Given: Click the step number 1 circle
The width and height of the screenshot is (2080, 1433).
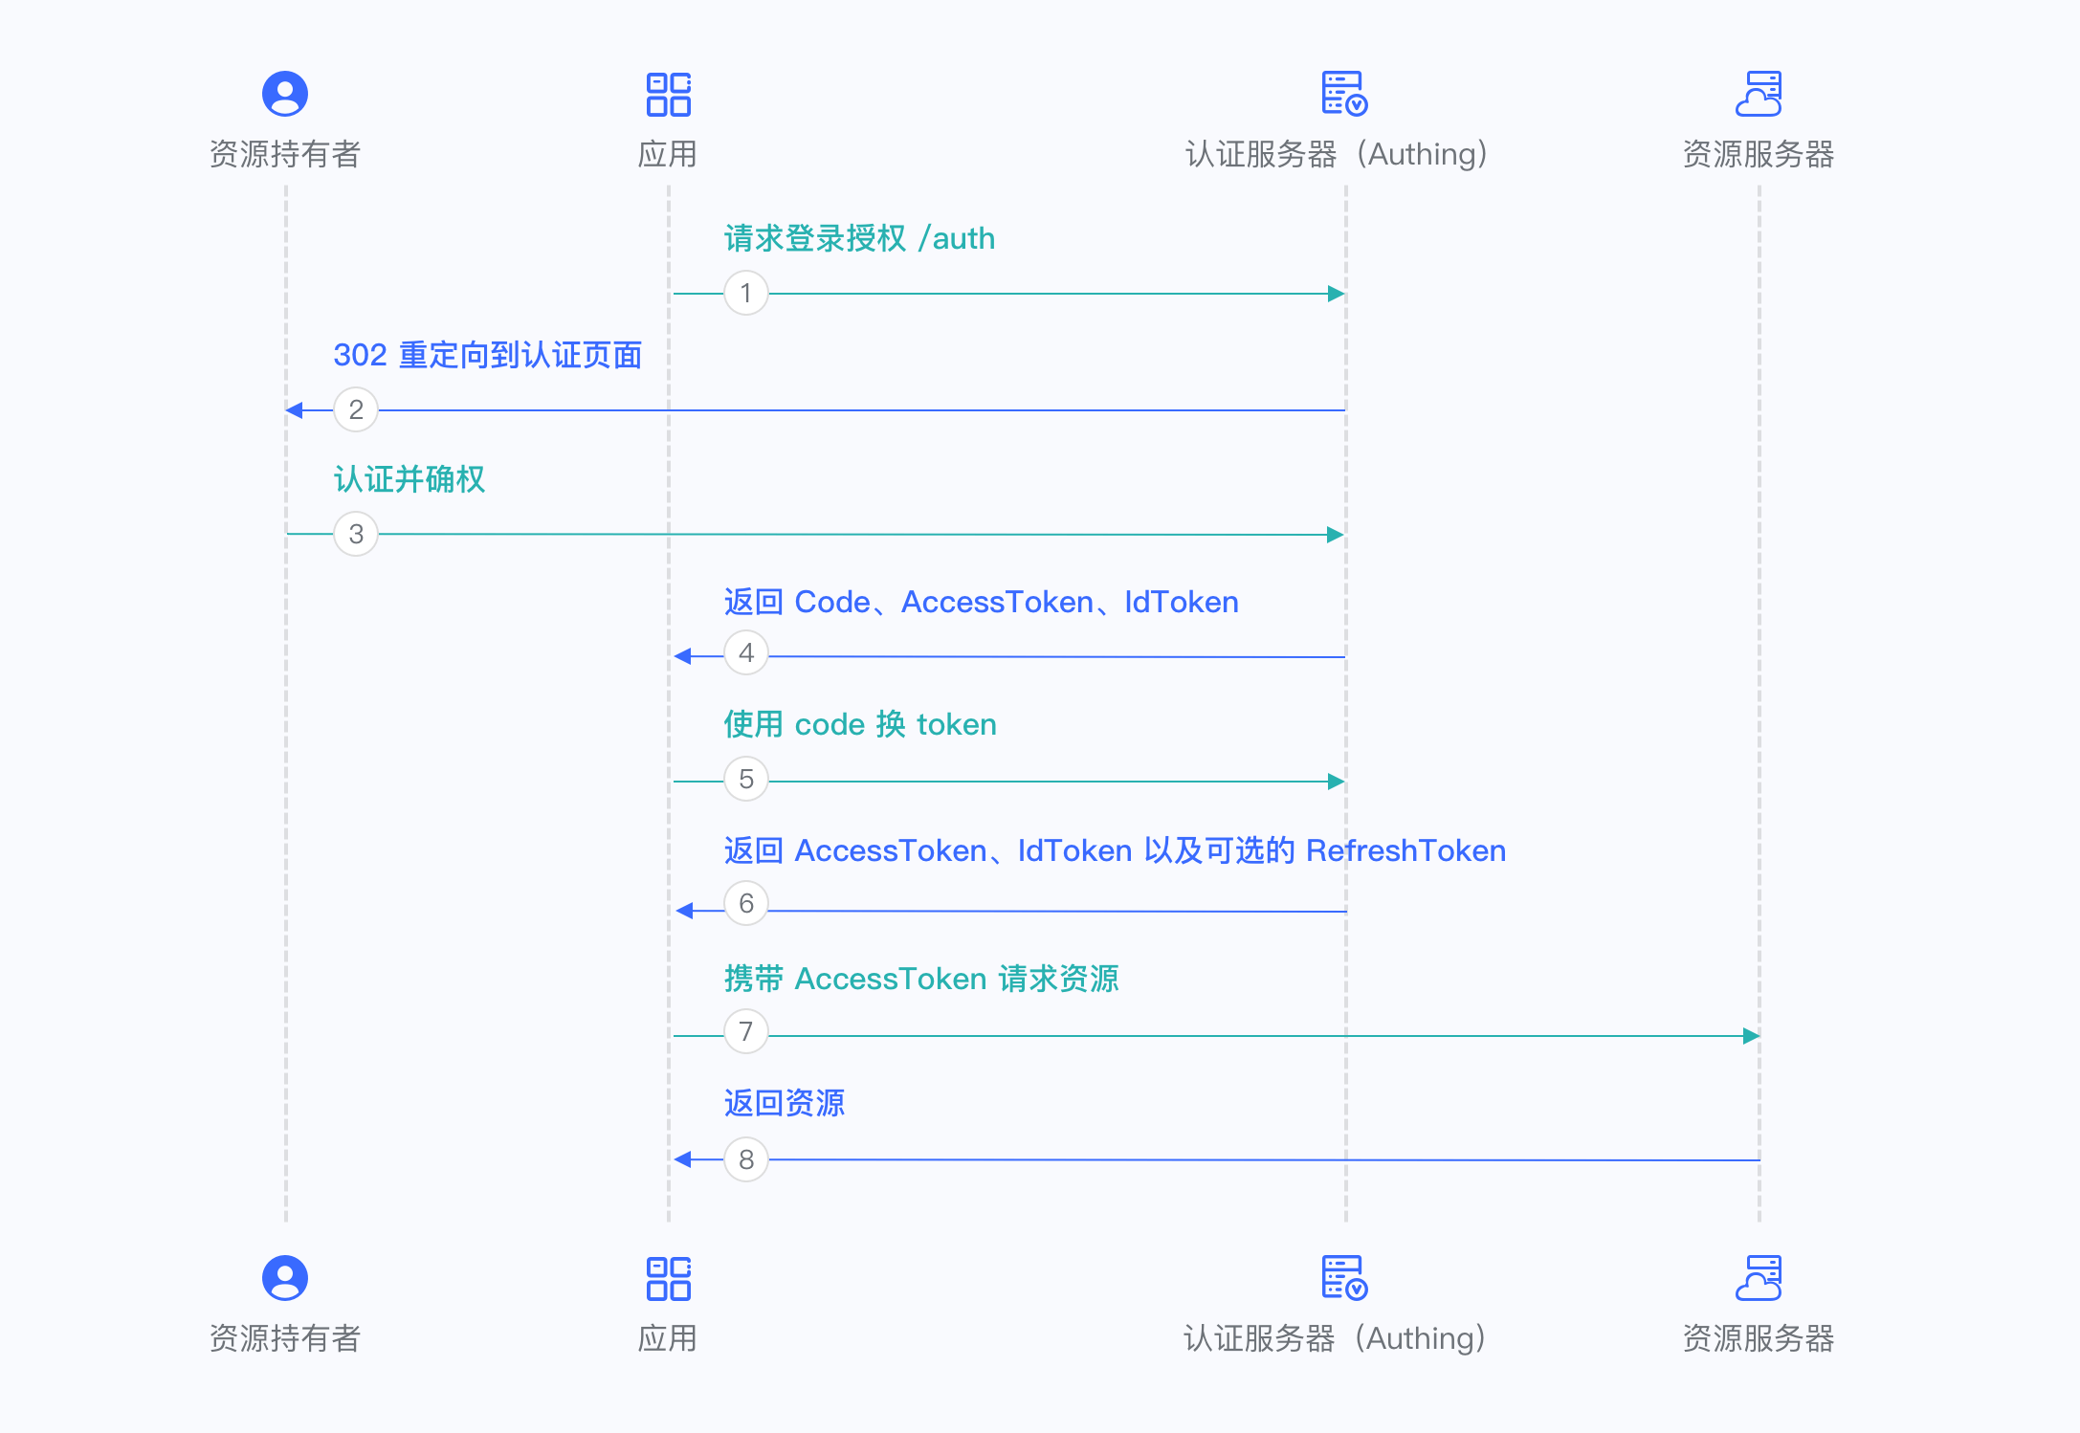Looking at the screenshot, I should click(745, 293).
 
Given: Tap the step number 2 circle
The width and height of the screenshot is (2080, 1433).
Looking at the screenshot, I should click(356, 409).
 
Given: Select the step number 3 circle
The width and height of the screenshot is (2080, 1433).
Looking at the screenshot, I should click(356, 534).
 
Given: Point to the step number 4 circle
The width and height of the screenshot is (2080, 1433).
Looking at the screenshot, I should click(745, 653).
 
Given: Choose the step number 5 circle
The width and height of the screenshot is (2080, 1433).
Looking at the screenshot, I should click(745, 779).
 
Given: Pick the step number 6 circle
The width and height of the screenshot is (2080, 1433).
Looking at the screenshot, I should click(745, 904).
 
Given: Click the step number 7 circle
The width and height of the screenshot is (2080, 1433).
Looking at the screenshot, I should click(745, 1031).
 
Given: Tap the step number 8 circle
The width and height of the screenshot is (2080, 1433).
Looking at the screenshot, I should click(745, 1159).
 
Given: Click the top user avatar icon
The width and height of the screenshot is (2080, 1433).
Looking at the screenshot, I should click(285, 94).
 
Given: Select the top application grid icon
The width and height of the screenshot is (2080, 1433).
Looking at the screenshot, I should click(668, 94).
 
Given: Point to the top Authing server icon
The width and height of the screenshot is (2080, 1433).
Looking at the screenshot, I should click(1343, 94).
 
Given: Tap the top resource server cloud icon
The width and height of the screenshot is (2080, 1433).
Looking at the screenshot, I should click(1759, 94).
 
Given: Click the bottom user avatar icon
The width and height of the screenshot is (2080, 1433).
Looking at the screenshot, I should click(285, 1278).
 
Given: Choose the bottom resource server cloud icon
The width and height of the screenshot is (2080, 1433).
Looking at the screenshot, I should click(1759, 1278).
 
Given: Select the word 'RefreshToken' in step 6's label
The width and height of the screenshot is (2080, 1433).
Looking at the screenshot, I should click(1405, 850).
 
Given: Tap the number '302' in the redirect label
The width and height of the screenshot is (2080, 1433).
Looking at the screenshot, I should click(360, 355).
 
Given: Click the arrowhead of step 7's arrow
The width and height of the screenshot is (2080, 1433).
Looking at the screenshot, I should click(1751, 1036).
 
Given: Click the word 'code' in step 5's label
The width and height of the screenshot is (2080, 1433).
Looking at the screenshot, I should click(830, 724).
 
